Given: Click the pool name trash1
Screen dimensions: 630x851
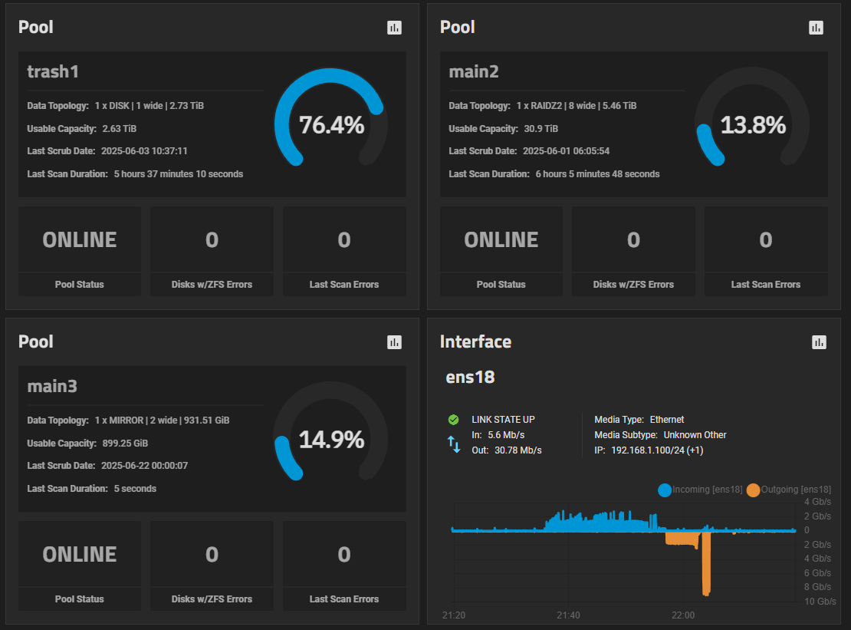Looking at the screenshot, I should click(53, 71).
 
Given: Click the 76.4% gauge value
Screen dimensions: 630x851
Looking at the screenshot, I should click(331, 124).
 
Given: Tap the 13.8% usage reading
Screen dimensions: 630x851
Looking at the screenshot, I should click(753, 124).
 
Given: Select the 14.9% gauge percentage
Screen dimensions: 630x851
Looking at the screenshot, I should click(331, 439).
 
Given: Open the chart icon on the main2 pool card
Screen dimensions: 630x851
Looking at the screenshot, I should click(816, 28).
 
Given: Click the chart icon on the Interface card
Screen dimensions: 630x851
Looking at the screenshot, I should click(819, 342).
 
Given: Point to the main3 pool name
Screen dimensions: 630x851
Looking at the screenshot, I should click(52, 386).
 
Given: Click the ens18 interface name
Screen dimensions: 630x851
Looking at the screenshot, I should click(470, 377).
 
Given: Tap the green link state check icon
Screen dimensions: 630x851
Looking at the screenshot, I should click(453, 420).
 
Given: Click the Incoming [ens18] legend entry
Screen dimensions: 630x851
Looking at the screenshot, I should click(700, 490).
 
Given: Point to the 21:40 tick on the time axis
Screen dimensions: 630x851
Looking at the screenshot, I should click(568, 615).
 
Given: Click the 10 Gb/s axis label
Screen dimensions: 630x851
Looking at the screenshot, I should click(820, 601).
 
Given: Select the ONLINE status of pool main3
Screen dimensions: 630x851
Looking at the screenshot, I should click(80, 554).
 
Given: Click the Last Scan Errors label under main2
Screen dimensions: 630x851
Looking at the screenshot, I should click(765, 284).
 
